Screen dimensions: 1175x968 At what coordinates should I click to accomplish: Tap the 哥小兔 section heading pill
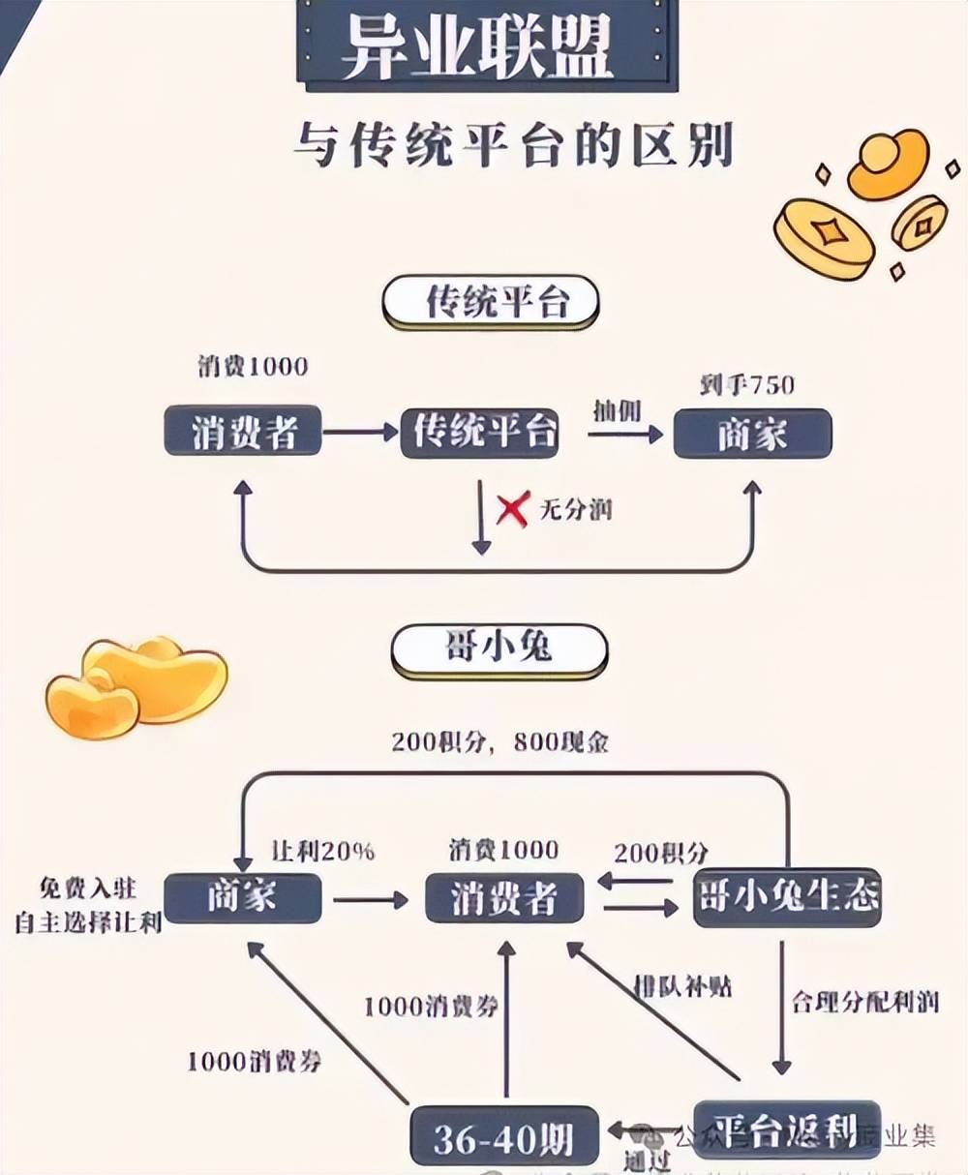[499, 649]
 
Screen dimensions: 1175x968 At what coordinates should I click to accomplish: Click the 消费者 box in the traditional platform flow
[242, 432]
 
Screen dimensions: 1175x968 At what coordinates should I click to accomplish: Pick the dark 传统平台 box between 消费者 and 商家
[481, 432]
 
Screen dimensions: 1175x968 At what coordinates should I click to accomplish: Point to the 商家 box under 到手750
[752, 433]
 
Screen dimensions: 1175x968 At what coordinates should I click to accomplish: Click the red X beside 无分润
[512, 508]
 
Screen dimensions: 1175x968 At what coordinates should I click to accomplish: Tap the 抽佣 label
[617, 411]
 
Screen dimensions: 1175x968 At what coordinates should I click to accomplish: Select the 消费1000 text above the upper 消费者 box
[253, 367]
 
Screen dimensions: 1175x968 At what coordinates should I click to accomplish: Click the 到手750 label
[746, 385]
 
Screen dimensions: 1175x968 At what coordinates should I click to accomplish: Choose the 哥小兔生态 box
[787, 897]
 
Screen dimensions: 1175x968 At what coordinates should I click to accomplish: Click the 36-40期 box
[503, 1136]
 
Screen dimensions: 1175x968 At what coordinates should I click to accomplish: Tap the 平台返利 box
[786, 1129]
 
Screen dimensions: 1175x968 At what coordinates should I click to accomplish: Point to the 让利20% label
[322, 851]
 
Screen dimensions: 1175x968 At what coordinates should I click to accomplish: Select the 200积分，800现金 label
[499, 742]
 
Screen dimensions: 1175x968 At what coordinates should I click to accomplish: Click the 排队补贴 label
[682, 987]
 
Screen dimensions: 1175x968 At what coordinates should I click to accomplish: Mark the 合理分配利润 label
[864, 1002]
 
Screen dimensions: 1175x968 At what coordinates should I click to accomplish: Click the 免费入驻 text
[87, 888]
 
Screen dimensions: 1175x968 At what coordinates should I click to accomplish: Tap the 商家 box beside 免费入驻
[242, 897]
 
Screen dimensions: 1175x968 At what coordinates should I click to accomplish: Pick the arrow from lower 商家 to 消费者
[371, 900]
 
